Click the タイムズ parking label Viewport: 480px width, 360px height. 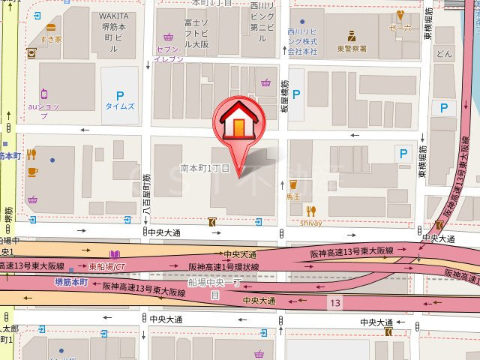[120, 106]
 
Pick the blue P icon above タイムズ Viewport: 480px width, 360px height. [119, 94]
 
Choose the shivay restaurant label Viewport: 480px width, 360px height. [312, 222]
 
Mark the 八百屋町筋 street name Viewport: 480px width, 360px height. [148, 199]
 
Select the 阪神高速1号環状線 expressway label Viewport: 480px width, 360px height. [223, 267]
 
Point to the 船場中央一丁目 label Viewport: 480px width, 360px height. [214, 288]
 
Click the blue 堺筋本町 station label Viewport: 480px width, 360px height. [71, 282]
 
